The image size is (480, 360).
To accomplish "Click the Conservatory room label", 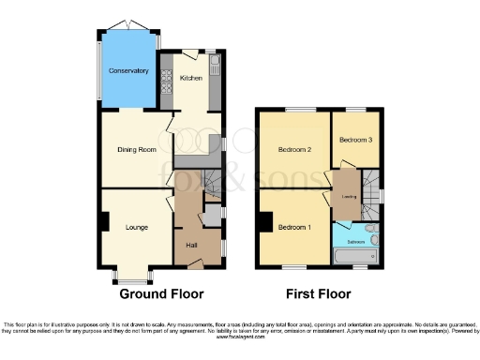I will tap(128, 71).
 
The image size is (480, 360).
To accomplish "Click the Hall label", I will tap(191, 245).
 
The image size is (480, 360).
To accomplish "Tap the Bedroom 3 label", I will tap(355, 140).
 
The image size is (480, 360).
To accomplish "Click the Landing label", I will tap(347, 197).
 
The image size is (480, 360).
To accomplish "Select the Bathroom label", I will tap(357, 241).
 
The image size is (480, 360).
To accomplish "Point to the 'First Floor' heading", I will tap(319, 293).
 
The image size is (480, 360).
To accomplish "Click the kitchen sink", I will tap(215, 66).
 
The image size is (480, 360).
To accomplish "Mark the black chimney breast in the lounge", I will tap(104, 222).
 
